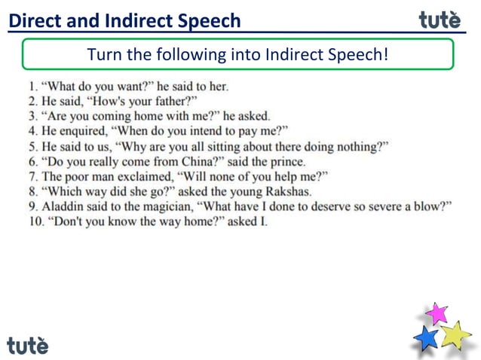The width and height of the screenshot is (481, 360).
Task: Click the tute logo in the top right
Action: click(440, 20)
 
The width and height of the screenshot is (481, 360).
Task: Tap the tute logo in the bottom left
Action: click(28, 345)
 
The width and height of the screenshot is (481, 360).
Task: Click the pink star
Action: click(436, 313)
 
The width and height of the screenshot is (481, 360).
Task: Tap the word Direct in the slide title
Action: click(32, 20)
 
